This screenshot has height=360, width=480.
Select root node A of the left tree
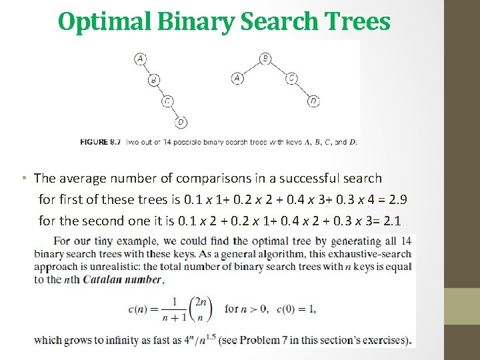140,59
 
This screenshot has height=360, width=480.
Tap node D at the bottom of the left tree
181,122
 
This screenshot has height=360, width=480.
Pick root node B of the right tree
265,59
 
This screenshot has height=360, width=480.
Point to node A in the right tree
237,79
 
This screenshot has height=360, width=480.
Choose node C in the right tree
291,79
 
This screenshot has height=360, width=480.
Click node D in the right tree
313,101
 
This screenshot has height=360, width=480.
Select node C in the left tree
167,101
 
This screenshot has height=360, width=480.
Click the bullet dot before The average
23,179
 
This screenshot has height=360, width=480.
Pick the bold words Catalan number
123,280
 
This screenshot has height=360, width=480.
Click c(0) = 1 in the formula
297,309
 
